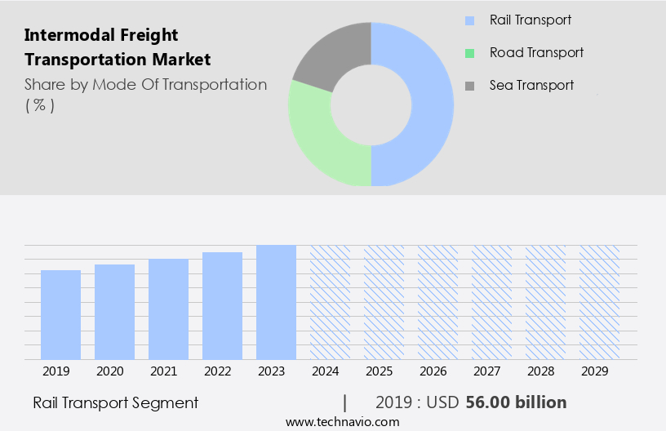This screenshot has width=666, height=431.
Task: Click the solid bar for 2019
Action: pos(60,314)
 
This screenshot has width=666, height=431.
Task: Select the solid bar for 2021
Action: pos(168,309)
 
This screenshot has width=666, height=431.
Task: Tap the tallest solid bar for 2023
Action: pos(276,302)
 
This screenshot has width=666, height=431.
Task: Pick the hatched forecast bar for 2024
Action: pos(330,302)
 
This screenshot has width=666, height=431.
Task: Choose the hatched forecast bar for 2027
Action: pos(491,302)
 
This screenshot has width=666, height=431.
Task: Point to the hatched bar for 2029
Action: pos(599,302)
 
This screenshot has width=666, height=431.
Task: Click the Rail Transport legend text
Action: pos(531,20)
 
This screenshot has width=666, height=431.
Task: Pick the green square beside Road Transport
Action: pos(469,53)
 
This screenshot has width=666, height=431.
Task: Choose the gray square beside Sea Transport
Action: pos(469,86)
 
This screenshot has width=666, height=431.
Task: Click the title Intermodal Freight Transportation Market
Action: pos(118,47)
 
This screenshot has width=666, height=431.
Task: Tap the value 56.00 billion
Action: pos(516,402)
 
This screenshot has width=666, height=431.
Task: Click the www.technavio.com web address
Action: pos(343,422)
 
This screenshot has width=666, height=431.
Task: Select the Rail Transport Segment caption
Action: pos(115,402)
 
